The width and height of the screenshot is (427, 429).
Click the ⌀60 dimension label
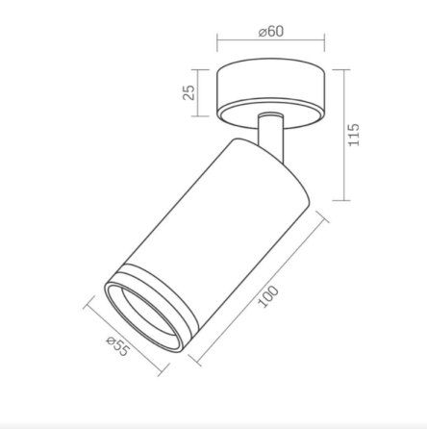[x=271, y=31]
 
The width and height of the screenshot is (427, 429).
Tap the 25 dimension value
[x=188, y=91]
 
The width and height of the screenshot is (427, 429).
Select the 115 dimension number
[x=353, y=134]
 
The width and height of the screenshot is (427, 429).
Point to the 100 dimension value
[x=269, y=295]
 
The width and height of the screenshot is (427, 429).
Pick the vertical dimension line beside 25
[x=202, y=92]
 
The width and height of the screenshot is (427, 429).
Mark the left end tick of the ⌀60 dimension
[x=217, y=42]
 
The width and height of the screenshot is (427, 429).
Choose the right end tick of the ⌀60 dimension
[x=324, y=42]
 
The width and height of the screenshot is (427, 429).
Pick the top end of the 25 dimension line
[x=202, y=69]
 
